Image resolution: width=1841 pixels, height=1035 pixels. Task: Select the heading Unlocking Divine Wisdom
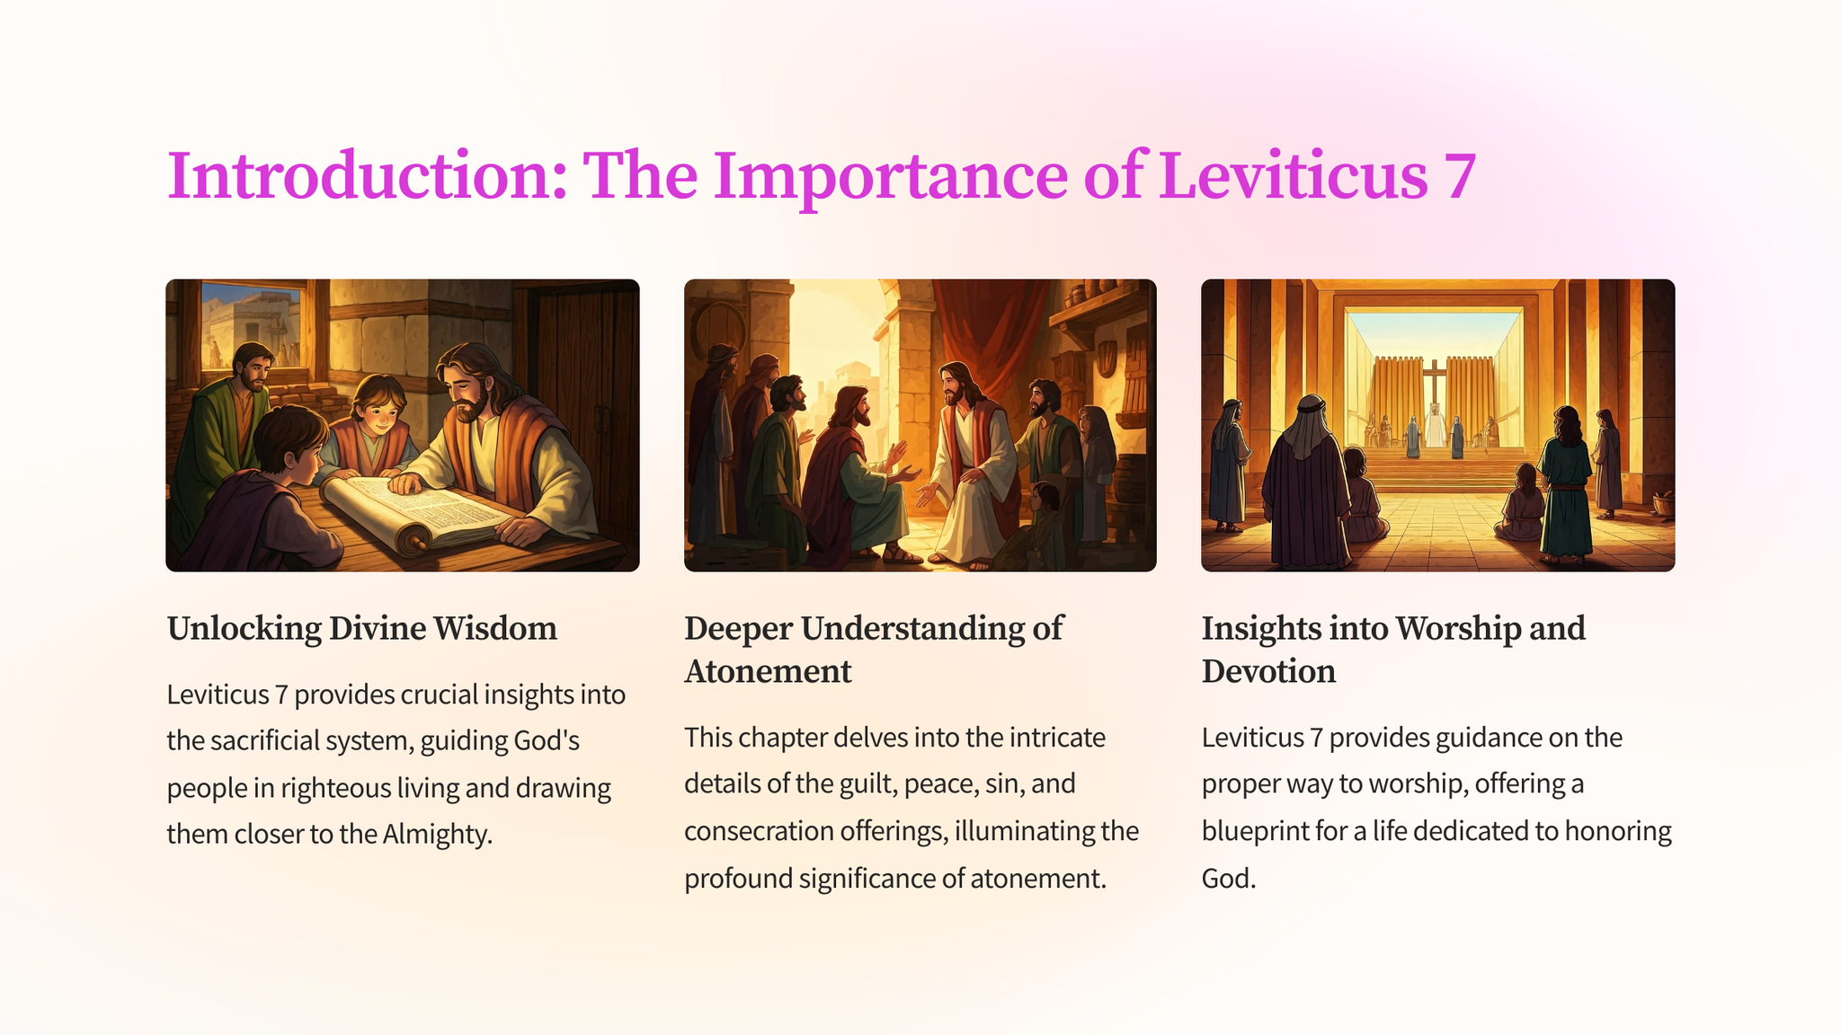pos(362,628)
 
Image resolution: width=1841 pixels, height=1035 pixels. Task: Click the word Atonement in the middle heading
pos(768,671)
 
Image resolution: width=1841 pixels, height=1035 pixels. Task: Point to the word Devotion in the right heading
pos(1268,671)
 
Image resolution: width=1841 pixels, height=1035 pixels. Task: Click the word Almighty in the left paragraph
pos(438,835)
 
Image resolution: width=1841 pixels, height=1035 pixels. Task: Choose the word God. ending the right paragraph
pos(1229,878)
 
